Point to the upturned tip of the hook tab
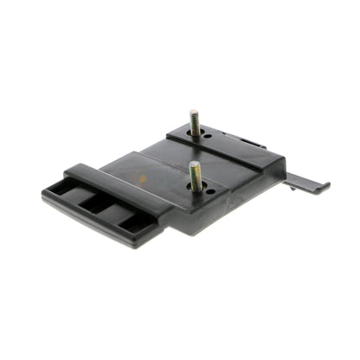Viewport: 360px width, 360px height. [326, 183]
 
